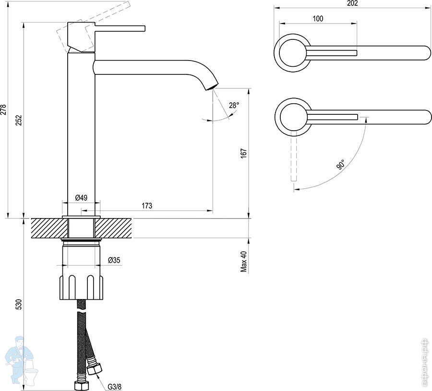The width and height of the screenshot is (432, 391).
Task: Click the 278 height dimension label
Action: (x=3, y=110)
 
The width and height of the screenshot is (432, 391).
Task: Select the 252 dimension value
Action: (x=18, y=120)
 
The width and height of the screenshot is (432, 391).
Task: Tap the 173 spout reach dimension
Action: (x=147, y=206)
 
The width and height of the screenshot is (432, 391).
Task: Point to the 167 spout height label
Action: (x=243, y=153)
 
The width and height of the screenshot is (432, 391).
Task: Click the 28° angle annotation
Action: (x=234, y=105)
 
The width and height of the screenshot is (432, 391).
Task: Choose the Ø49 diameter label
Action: (x=81, y=197)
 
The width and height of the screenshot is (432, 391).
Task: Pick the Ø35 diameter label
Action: (x=114, y=260)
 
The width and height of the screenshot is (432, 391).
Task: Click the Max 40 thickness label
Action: (x=244, y=261)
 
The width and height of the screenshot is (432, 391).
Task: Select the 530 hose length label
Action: (x=18, y=304)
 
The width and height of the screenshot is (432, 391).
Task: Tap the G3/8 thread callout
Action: (x=114, y=387)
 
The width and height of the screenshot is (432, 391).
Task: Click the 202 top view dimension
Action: (x=352, y=3)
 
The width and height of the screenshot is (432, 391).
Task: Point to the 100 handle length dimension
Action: (x=318, y=19)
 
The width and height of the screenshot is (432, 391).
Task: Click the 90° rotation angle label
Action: (x=340, y=164)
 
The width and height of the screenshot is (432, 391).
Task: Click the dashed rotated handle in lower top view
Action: (x=294, y=156)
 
